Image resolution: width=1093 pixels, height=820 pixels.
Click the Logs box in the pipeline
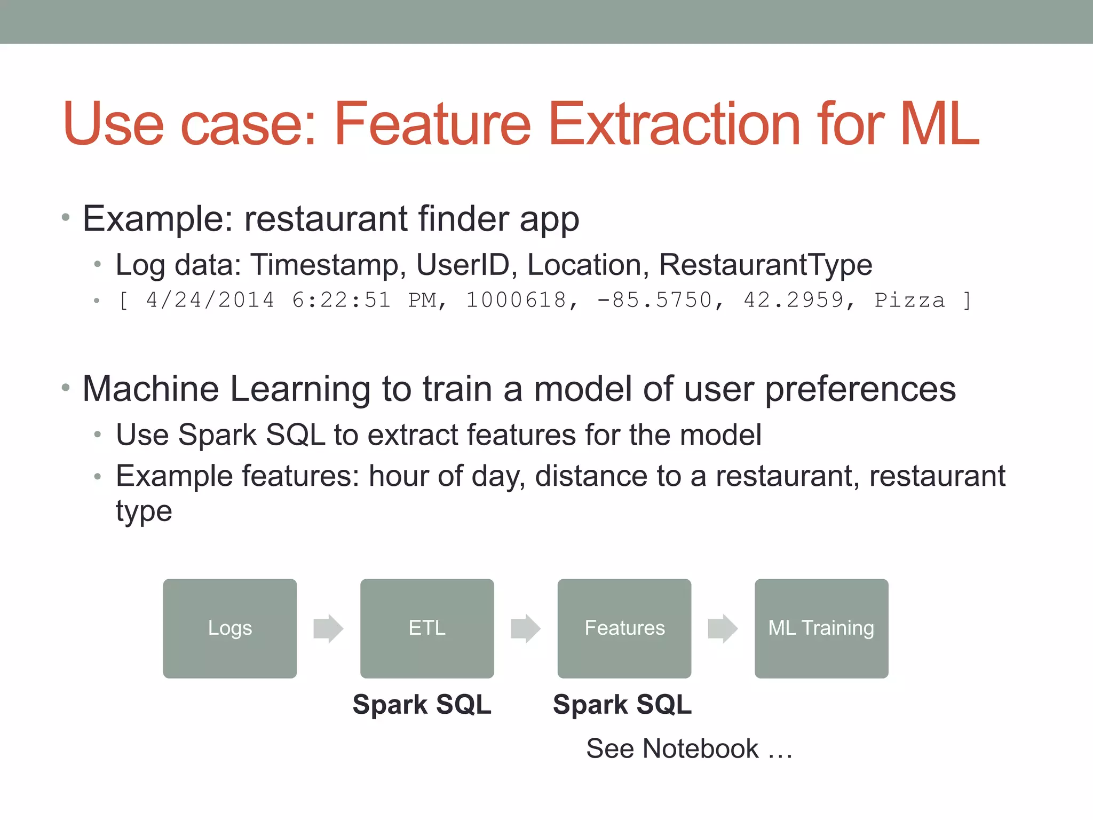click(x=229, y=628)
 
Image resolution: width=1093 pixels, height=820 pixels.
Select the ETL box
click(x=427, y=628)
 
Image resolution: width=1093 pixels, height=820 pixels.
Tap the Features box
click(x=624, y=628)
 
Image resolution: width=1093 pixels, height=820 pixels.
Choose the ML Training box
click(x=821, y=628)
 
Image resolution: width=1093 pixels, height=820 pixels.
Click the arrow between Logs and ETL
click(x=328, y=628)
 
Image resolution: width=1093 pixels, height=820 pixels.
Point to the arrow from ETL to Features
click(x=526, y=628)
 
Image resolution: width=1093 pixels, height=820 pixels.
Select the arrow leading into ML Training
click(x=723, y=628)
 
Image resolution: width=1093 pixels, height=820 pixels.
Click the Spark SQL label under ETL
click(x=422, y=704)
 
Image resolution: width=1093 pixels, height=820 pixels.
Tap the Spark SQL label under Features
click(x=622, y=704)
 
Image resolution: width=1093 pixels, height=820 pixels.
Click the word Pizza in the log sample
click(x=909, y=300)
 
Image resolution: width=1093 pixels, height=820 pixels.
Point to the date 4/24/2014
click(x=210, y=300)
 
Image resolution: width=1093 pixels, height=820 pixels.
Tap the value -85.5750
click(x=654, y=300)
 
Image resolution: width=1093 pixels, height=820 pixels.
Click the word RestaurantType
click(x=765, y=265)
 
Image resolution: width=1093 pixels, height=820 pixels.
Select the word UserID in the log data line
click(x=462, y=265)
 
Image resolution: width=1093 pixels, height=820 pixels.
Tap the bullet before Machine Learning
click(x=66, y=388)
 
